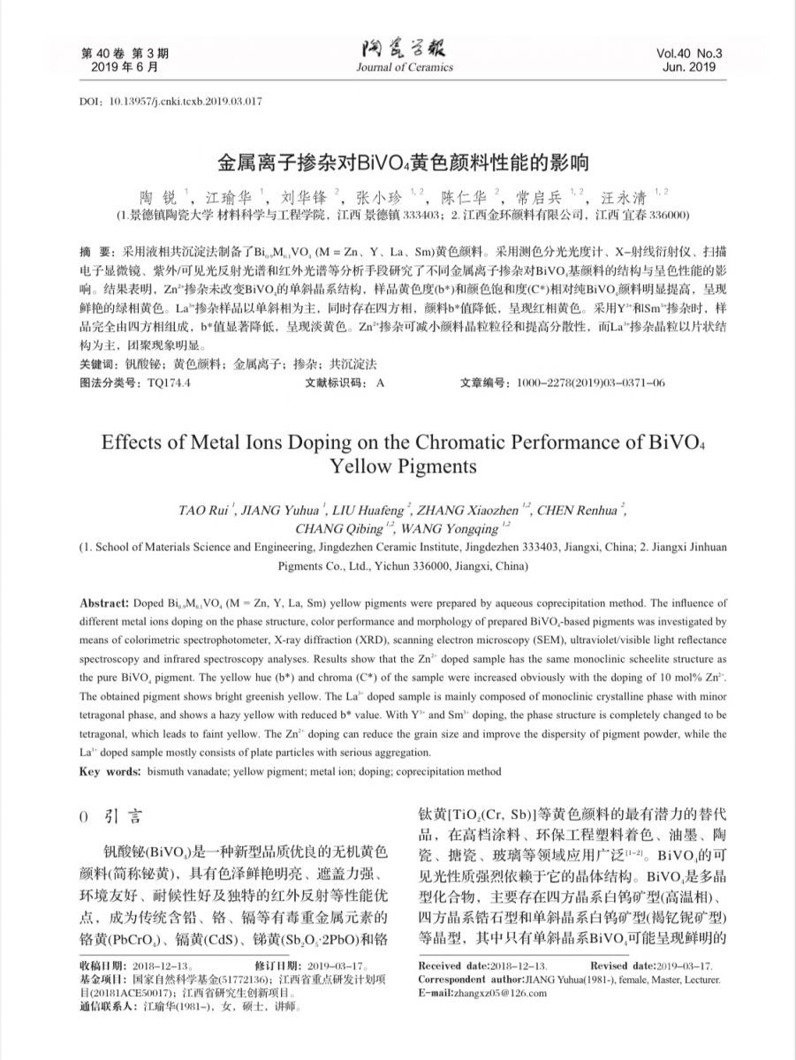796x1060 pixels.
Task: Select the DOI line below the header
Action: pyautogui.click(x=171, y=102)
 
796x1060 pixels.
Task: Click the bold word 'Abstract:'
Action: pyautogui.click(x=104, y=603)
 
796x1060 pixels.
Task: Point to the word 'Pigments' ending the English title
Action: pyautogui.click(x=433, y=466)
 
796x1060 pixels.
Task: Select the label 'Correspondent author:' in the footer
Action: pyautogui.click(x=473, y=980)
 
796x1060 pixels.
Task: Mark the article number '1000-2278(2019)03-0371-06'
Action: pyautogui.click(x=592, y=383)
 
